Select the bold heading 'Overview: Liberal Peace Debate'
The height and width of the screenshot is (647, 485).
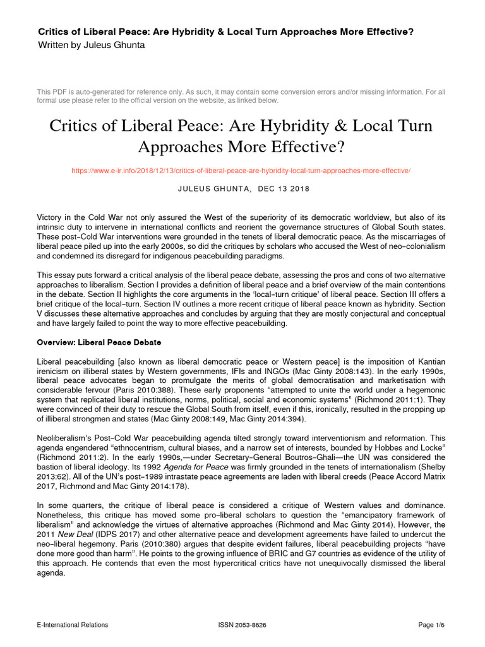click(x=99, y=342)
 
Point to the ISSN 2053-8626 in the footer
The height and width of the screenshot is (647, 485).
click(x=242, y=625)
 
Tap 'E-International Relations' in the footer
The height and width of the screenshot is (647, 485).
click(x=73, y=625)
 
